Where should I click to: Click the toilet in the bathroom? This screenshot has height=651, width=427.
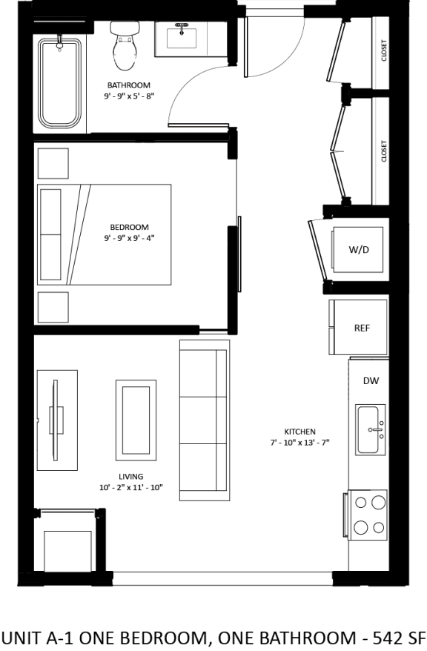pos(124,46)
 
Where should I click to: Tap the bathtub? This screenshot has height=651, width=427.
pos(60,84)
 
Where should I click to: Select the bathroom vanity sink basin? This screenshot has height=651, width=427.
pos(182,39)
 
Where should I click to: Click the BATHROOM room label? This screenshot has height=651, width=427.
pos(129,85)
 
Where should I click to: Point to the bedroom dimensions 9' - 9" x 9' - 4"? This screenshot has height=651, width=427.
pos(129,238)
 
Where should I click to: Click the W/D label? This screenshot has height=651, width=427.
pos(359,250)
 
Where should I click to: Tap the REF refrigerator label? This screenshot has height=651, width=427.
pos(362,328)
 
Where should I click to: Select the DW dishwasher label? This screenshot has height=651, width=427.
pos(371,380)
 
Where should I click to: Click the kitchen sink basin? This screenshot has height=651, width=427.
pos(368,430)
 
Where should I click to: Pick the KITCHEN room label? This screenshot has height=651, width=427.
pos(299,432)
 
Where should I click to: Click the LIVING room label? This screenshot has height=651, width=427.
pos(130,477)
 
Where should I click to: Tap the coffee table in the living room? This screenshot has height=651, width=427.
pos(136,420)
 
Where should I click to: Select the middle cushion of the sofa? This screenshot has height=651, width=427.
pos(203,420)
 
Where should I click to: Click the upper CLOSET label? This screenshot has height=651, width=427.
pos(384,50)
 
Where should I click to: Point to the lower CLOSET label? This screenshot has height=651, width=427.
pos(384,151)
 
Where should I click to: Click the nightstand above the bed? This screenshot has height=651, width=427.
pos(53,164)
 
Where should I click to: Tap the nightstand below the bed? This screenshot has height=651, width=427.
pos(53,308)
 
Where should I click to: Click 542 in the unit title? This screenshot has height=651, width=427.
pos(387,638)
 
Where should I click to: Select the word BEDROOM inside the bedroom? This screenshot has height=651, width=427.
pos(129,228)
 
